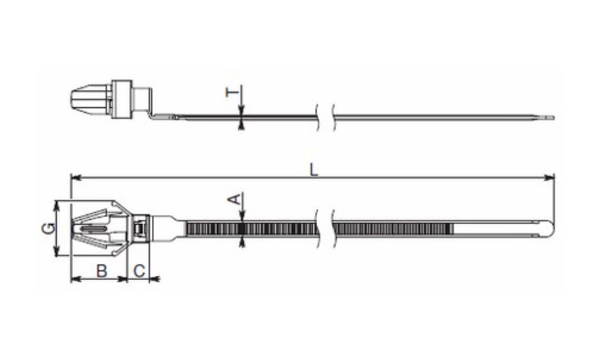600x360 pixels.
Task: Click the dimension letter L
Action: point(314,170)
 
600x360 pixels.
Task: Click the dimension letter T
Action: point(232,92)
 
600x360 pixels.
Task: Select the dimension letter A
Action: point(235,199)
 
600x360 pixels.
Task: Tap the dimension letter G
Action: point(49,228)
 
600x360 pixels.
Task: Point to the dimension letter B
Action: point(102,271)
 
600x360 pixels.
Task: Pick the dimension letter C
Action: point(139,271)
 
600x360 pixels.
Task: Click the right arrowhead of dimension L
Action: point(550,178)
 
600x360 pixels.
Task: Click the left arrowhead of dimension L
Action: point(76,178)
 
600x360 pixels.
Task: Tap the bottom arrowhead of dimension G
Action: point(57,251)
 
